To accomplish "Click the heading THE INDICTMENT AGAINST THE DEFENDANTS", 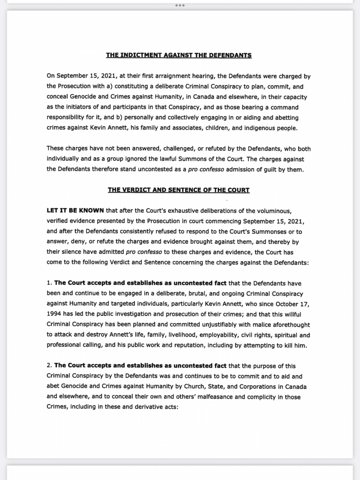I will (x=179, y=55).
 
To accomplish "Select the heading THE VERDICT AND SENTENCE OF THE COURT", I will (x=179, y=190).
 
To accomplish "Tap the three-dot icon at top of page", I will (x=180, y=5).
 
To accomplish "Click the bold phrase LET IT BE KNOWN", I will (x=75, y=211).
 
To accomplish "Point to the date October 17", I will (x=292, y=304).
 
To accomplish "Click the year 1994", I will (x=54, y=314).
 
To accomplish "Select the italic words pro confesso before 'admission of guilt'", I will (x=206, y=170).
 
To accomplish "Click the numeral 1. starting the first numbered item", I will (x=49, y=283).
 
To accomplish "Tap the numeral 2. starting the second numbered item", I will (x=49, y=366).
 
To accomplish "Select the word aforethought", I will (x=291, y=325).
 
